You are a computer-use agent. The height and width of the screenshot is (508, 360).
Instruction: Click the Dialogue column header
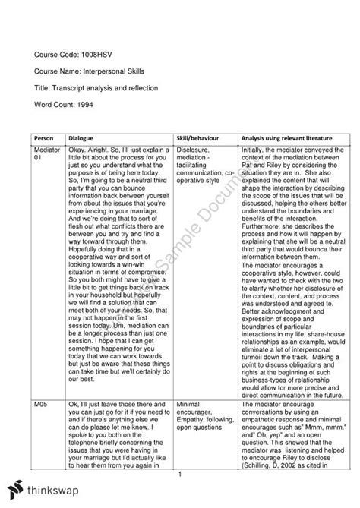point(83,140)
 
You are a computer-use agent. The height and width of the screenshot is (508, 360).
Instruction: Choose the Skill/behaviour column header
point(201,140)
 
